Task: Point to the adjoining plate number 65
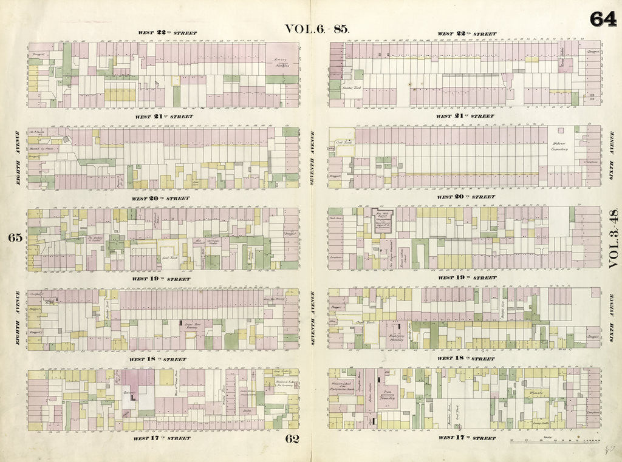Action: [x=15, y=238]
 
